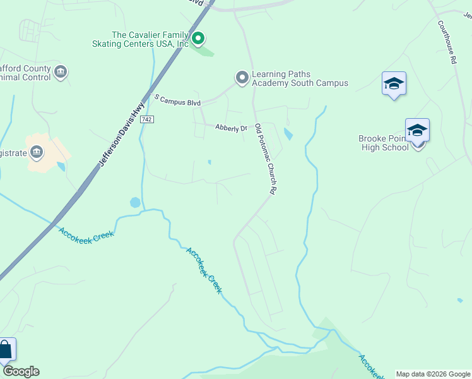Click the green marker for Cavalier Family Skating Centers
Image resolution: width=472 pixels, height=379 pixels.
tap(198, 39)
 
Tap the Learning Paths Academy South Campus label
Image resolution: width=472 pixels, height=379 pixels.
tap(300, 78)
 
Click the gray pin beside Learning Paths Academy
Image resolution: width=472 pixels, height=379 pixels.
tap(242, 78)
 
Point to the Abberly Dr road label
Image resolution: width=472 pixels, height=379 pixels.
tap(231, 128)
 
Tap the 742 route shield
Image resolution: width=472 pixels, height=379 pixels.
tap(147, 119)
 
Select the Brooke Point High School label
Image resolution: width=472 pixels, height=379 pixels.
tap(384, 143)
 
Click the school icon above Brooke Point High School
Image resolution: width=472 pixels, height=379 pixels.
tap(417, 130)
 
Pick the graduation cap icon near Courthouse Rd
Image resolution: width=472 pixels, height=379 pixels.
tap(394, 83)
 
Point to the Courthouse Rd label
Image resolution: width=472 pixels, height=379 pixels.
tap(447, 42)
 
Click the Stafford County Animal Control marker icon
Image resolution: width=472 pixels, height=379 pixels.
tap(60, 73)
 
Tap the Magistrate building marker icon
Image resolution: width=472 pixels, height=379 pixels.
tap(36, 152)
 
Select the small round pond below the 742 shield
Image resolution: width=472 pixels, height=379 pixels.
tap(135, 203)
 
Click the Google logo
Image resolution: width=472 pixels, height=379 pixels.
tap(21, 371)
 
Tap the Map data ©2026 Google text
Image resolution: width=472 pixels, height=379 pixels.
tap(433, 374)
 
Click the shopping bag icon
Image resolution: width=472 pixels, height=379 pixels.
tap(6, 349)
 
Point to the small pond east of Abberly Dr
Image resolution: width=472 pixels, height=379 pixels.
tap(288, 134)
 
